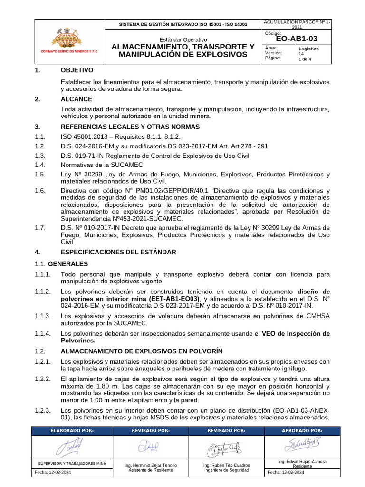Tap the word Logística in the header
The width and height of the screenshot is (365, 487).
coord(308,49)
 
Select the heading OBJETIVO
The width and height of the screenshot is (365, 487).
coord(77,70)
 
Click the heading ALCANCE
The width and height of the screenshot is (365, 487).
coord(77,99)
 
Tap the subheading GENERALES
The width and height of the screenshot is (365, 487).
coord(68,263)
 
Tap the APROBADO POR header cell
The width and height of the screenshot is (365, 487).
coord(302,430)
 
